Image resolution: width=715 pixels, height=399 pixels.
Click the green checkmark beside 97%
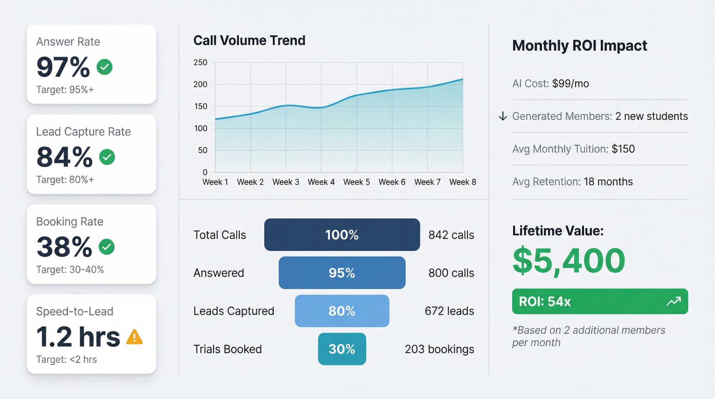coord(104,67)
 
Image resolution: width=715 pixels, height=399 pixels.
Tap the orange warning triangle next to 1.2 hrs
coord(135,337)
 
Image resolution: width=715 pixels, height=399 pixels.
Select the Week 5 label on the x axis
coord(356,182)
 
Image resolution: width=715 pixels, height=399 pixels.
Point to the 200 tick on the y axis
coord(200,84)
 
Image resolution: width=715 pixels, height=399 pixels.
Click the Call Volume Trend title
coord(249,40)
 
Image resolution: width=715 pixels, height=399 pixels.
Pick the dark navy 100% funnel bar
coord(342,235)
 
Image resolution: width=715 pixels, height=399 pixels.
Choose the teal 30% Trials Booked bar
coord(342,349)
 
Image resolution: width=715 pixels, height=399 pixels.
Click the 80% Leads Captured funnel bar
coord(342,311)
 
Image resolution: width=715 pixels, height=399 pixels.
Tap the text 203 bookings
coord(439,349)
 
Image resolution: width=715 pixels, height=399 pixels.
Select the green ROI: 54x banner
coord(600,301)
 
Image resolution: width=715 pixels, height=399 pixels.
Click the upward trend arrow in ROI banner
coord(674,301)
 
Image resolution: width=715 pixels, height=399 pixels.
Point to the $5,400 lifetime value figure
coord(568,261)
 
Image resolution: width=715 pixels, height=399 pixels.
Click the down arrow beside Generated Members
coord(503,116)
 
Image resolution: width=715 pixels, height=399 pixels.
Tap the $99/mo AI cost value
coord(570,84)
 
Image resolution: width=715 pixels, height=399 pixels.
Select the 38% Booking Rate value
coord(64,247)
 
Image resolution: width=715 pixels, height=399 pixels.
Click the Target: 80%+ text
coord(65,179)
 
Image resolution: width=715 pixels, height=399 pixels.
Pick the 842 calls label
coord(451,235)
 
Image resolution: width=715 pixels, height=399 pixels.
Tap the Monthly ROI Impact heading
coord(580,46)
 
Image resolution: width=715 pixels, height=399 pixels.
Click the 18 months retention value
coord(608,182)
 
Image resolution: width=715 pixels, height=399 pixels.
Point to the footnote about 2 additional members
coord(588,336)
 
